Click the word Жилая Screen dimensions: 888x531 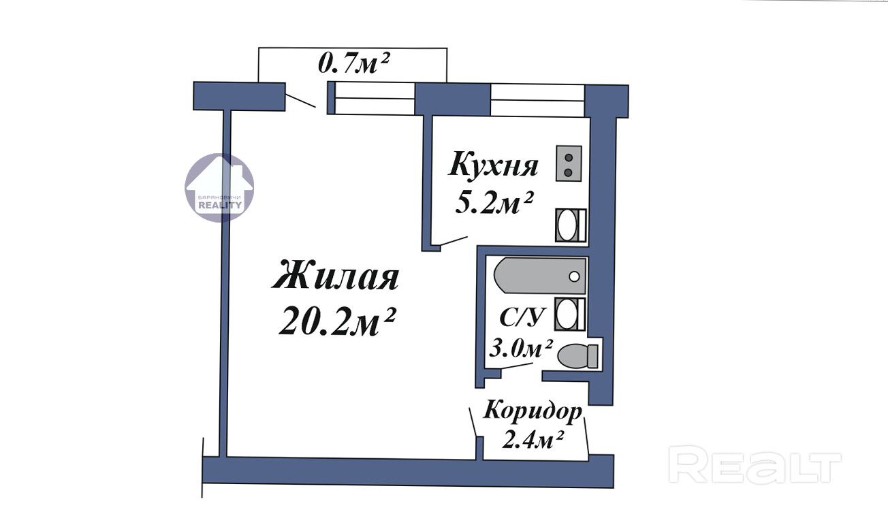335,275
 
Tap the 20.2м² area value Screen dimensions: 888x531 337,321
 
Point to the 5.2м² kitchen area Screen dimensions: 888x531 494,202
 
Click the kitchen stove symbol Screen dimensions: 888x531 569,163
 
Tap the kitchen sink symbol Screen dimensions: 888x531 571,225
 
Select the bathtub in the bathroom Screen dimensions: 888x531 540,276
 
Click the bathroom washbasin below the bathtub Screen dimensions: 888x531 570,314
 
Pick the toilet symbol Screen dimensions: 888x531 577,356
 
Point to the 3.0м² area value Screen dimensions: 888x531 520,349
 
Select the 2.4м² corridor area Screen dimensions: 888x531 533,440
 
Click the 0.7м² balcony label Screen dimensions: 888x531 354,63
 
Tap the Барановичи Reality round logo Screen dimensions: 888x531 219,187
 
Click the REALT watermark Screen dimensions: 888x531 755,464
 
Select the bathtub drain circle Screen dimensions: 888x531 574,276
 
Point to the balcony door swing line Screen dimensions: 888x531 301,101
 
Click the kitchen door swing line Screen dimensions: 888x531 454,241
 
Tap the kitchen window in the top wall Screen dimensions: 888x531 537,100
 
